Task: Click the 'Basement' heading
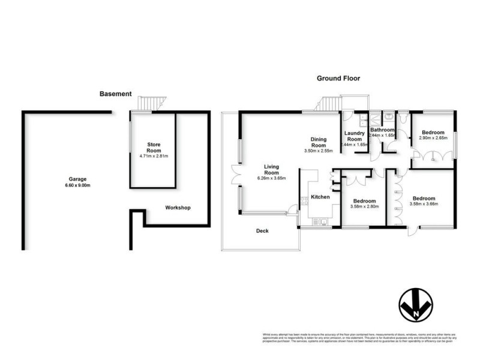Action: point(116,94)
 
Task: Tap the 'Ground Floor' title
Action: point(340,79)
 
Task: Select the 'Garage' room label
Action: point(77,179)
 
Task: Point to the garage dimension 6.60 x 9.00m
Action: point(77,185)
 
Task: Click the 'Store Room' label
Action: point(154,148)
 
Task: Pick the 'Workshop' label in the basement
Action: point(178,208)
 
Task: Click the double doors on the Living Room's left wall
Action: point(235,175)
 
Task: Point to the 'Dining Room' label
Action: point(318,143)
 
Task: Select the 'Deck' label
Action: point(262,230)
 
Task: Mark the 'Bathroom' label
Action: point(382,130)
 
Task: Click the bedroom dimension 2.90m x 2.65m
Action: point(432,139)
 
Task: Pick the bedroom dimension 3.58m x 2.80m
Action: point(364,208)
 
